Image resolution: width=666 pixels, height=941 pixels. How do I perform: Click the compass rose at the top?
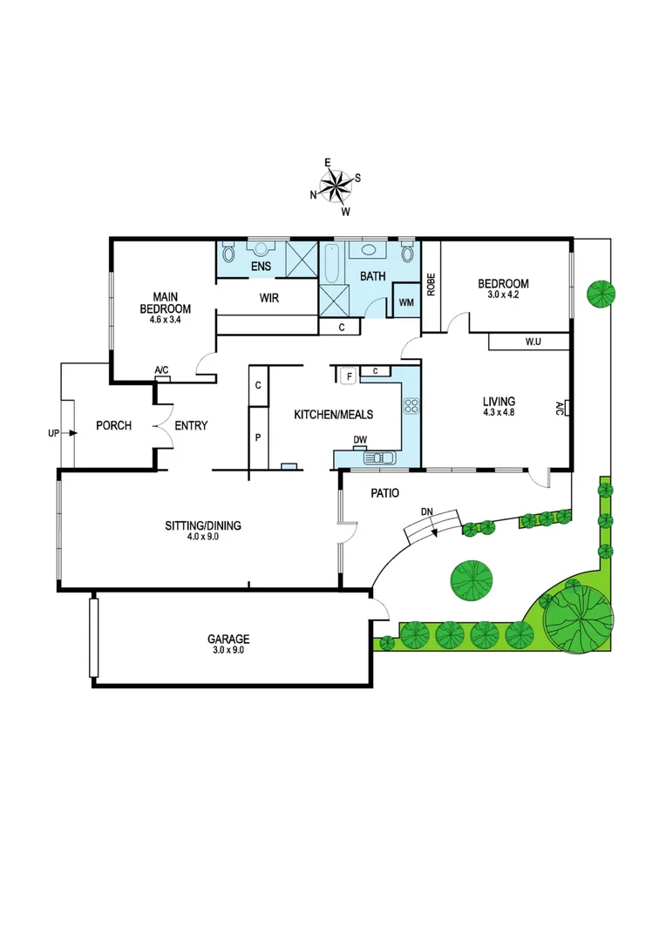[x=334, y=185]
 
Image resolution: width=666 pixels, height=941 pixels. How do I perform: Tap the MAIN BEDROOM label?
[x=165, y=302]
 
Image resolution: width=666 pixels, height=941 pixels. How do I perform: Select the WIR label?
[x=268, y=297]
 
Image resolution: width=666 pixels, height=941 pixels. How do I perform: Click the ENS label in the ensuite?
[x=261, y=266]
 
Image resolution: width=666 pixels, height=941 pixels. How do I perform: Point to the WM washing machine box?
[x=406, y=301]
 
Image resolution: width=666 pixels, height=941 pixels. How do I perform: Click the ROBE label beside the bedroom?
[x=431, y=286]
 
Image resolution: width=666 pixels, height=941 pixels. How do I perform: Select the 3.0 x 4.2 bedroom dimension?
[x=503, y=294]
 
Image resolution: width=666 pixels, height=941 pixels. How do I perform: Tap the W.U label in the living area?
[x=533, y=342]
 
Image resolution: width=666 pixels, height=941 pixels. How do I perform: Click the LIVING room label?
[x=499, y=402]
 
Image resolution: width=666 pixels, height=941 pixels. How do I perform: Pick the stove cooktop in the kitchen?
[x=410, y=405]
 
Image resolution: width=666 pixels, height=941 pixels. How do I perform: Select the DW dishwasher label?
[x=359, y=440]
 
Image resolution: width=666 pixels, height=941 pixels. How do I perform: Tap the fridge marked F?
[x=349, y=376]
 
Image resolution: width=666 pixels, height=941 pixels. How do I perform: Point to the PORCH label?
[x=113, y=426]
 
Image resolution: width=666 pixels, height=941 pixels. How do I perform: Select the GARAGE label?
[x=228, y=639]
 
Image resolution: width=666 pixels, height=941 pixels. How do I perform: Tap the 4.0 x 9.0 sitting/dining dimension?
[x=202, y=538]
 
